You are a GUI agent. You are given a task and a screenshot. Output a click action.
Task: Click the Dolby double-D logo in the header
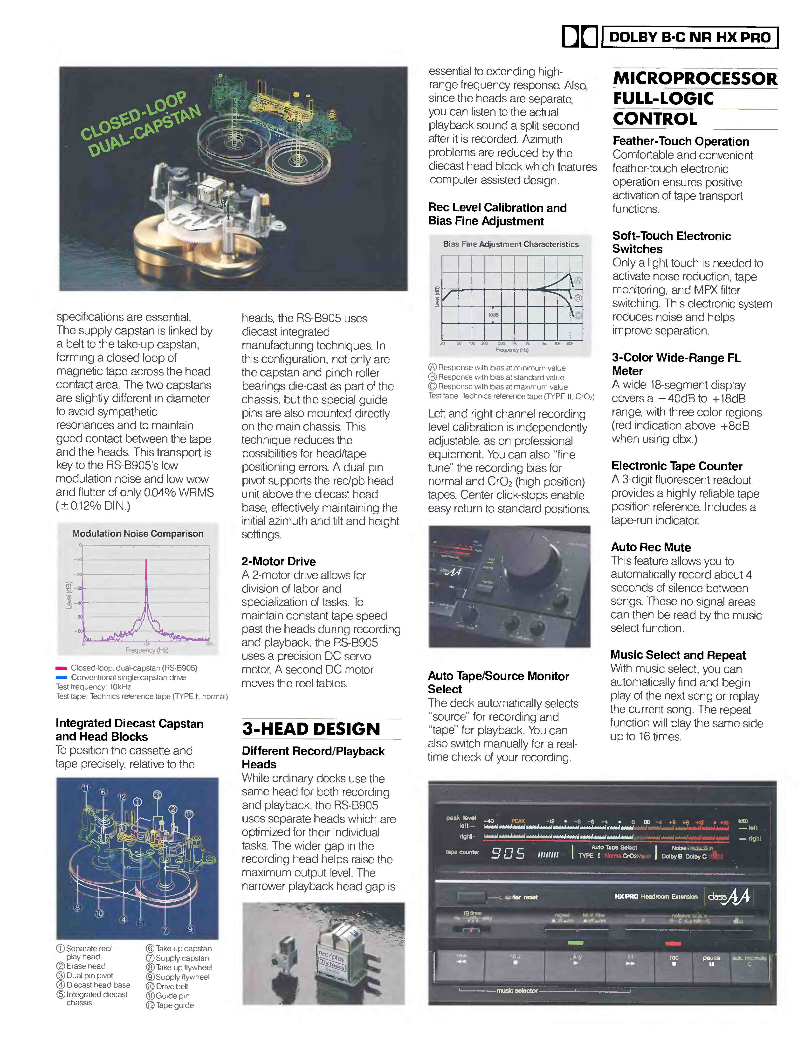(x=579, y=37)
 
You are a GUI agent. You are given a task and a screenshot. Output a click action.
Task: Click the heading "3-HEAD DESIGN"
(x=311, y=729)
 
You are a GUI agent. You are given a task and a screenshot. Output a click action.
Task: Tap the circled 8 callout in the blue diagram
(x=77, y=907)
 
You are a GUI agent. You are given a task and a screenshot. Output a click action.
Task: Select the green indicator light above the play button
(x=576, y=942)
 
